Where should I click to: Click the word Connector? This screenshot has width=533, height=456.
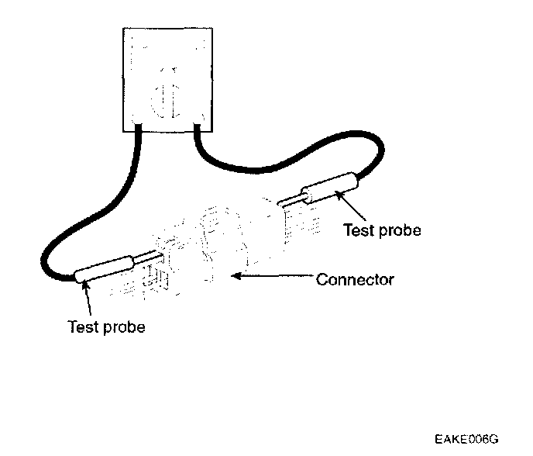(355, 279)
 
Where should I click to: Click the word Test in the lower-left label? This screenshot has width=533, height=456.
(81, 326)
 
